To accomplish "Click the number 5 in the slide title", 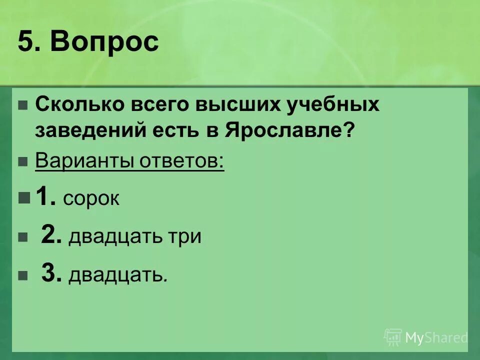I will (25, 42).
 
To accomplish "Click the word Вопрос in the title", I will (104, 42).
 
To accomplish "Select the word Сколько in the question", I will (80, 105).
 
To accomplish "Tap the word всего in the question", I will (162, 105).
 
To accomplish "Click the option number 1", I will (45, 197).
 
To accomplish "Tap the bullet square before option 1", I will (23, 198).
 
